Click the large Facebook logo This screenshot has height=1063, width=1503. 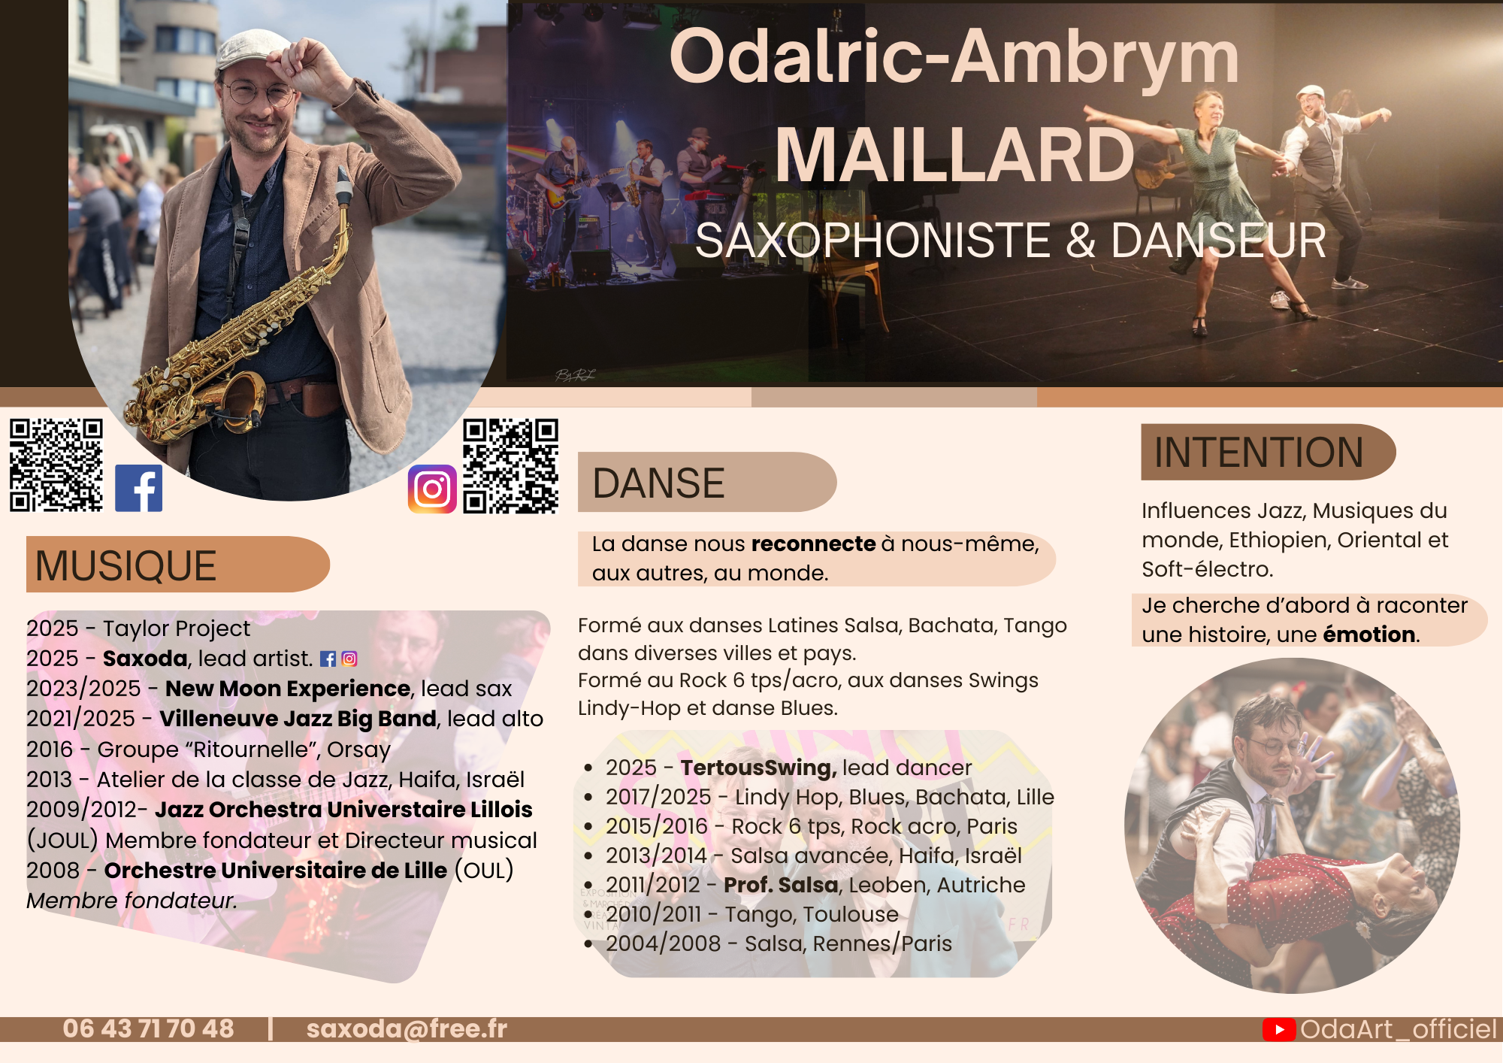[138, 488]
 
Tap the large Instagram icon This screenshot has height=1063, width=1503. [432, 489]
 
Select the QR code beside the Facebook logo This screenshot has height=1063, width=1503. [56, 465]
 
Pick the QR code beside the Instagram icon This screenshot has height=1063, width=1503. [510, 466]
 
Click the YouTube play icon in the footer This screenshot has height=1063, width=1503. [1279, 1029]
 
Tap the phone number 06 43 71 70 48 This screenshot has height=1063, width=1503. [148, 1028]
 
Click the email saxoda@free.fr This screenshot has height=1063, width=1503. [407, 1028]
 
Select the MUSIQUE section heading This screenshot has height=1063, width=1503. [126, 565]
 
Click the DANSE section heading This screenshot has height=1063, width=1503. [658, 483]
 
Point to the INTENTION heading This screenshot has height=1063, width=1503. [1259, 453]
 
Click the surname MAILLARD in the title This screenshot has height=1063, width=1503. [954, 155]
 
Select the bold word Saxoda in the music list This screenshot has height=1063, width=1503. [145, 659]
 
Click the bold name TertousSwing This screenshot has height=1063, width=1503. [758, 768]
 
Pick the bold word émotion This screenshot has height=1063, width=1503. [1368, 634]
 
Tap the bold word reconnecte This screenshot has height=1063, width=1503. [814, 544]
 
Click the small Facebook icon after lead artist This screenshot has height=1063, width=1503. [328, 659]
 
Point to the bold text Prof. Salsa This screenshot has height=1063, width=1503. [781, 885]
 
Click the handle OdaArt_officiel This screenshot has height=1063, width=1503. [1399, 1029]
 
